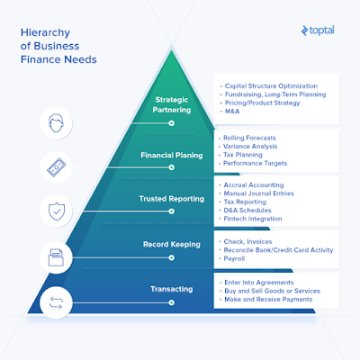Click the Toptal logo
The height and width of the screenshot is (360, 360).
coord(318,31)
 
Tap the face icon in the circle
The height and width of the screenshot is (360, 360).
coord(56,122)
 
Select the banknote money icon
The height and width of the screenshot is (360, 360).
coord(56,167)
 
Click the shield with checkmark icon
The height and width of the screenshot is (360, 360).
coord(57,211)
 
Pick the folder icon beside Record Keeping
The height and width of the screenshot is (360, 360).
coord(56,257)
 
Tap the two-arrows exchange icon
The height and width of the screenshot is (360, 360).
coord(56,302)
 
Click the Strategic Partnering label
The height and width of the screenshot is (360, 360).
coord(172,104)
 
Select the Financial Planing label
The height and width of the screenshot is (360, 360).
coord(172,155)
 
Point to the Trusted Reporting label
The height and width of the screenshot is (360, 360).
coord(172,199)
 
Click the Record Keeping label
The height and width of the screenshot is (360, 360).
coord(172,244)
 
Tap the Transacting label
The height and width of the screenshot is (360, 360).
coord(172,289)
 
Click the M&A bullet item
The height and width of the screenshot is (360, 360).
coord(232,112)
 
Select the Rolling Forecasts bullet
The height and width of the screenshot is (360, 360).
coord(249,138)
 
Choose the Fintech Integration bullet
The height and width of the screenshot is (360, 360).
coord(253,219)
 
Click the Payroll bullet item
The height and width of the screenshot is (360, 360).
coord(234,258)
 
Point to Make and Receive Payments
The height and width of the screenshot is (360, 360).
coord(268,300)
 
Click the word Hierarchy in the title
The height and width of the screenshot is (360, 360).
coord(45,32)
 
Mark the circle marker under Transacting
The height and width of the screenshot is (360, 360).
coord(171,302)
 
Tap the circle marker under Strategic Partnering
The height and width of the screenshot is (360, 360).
coord(171,123)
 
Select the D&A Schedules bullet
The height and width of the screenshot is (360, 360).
coord(247,211)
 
